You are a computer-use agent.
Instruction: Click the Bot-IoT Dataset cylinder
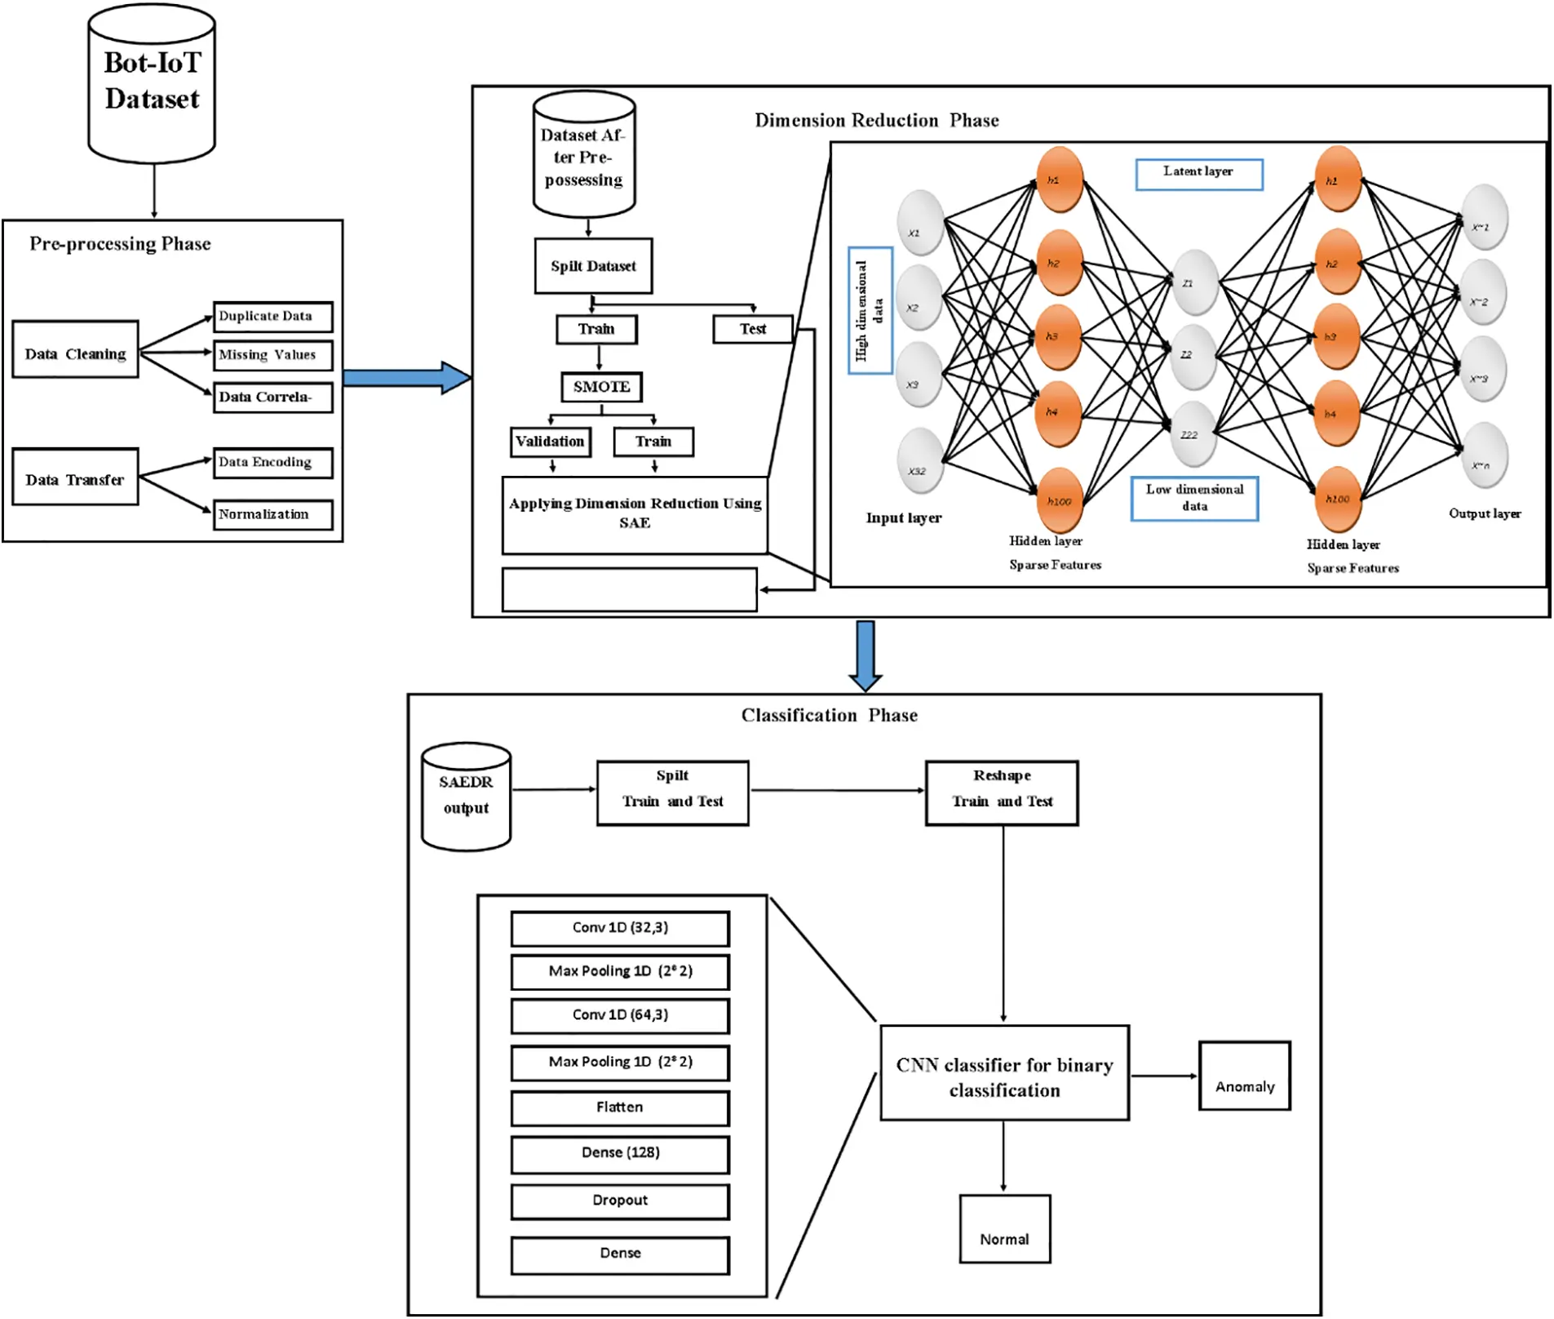(x=152, y=83)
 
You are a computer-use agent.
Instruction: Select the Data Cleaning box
(x=75, y=349)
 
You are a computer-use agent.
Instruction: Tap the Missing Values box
(x=272, y=355)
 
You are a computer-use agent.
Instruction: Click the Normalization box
(x=272, y=514)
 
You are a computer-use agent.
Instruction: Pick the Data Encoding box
(x=272, y=462)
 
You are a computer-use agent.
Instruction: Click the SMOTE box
(x=601, y=387)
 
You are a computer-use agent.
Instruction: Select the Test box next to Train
(x=752, y=329)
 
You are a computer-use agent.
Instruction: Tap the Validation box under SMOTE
(x=550, y=442)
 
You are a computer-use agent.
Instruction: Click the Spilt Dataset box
(x=593, y=266)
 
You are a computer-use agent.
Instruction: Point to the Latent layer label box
(x=1198, y=174)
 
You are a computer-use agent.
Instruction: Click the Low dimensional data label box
(x=1194, y=498)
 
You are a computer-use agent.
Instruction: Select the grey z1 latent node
(x=1194, y=282)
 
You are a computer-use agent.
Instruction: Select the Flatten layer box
(x=620, y=1108)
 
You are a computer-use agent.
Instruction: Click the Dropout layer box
(x=620, y=1201)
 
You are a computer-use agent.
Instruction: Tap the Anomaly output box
(x=1244, y=1076)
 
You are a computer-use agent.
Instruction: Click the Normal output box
(x=1004, y=1228)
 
